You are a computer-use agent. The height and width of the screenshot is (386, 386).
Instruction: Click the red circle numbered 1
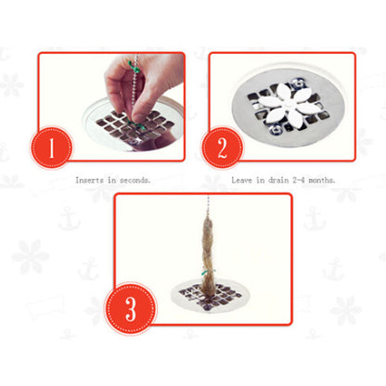tap(51, 148)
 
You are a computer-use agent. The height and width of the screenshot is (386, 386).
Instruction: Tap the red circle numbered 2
tap(222, 148)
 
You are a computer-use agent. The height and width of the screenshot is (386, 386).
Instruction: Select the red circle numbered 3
tap(131, 308)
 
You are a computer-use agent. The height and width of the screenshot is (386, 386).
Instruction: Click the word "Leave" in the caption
tap(242, 180)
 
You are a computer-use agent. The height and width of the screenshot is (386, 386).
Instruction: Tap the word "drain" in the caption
tap(278, 180)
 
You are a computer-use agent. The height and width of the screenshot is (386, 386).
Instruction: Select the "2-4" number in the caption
tap(299, 180)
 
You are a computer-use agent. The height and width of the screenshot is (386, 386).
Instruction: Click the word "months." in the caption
tap(322, 180)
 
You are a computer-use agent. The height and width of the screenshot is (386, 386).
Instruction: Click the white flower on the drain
tap(286, 106)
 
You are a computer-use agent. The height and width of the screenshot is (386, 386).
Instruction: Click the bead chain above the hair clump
tap(208, 205)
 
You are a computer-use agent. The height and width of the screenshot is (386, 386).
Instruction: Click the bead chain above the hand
tap(136, 58)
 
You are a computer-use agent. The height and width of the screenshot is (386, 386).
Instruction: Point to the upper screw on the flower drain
tap(296, 83)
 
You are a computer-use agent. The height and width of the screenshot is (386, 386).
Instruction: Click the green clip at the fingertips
tap(135, 124)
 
